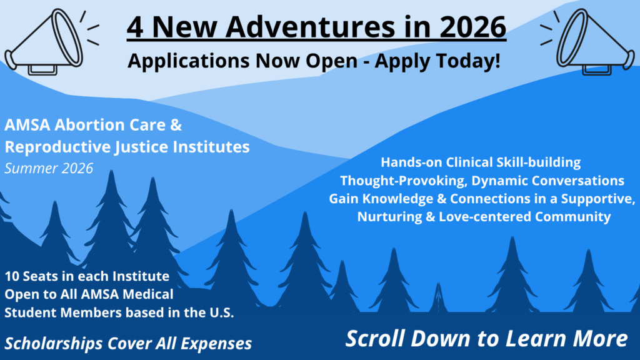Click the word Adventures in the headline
point(310,27)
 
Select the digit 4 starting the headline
point(135,27)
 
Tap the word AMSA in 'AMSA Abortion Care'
point(27,125)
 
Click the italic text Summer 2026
point(49,168)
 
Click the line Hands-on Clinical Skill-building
point(481,162)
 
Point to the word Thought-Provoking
point(404,181)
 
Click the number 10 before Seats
point(12,276)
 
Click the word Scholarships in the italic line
point(54,344)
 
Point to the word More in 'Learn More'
point(600,338)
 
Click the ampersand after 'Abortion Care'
point(176,125)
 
